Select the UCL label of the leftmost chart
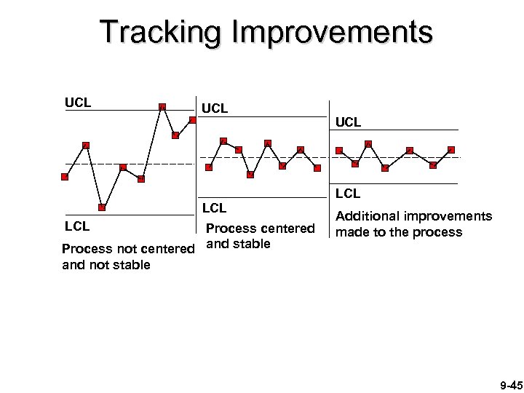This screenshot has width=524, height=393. point(78,102)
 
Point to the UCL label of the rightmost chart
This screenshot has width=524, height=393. point(349,122)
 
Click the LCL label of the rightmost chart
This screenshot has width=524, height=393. point(349,194)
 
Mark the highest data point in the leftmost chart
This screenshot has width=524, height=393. point(162,107)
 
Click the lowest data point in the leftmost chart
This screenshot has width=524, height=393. point(103,207)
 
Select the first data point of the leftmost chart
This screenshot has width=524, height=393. point(65,176)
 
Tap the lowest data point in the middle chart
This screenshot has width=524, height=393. point(250,175)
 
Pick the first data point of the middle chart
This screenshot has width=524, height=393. point(209,167)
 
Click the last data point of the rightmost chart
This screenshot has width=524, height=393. point(451,150)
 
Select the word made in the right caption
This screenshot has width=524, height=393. point(350,232)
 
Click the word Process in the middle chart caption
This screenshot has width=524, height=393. point(234,228)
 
